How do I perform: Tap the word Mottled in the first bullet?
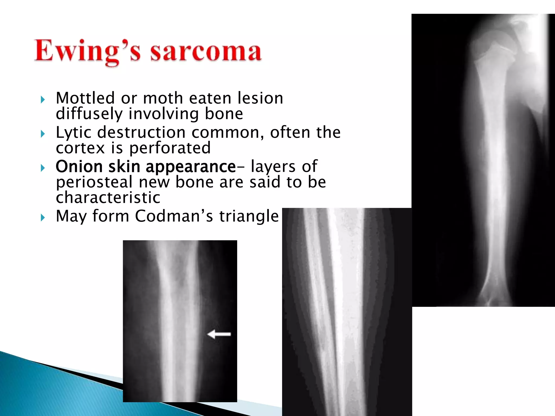(85, 98)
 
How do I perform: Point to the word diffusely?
(89, 114)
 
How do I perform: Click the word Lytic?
(73, 133)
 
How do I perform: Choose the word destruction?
(141, 133)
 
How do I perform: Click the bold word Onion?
(79, 166)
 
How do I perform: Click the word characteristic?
(108, 197)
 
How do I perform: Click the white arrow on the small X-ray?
(219, 334)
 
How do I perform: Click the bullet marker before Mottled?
(43, 100)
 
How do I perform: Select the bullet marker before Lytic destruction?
(43, 134)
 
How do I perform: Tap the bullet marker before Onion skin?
(43, 168)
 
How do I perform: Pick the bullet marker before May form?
(43, 217)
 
